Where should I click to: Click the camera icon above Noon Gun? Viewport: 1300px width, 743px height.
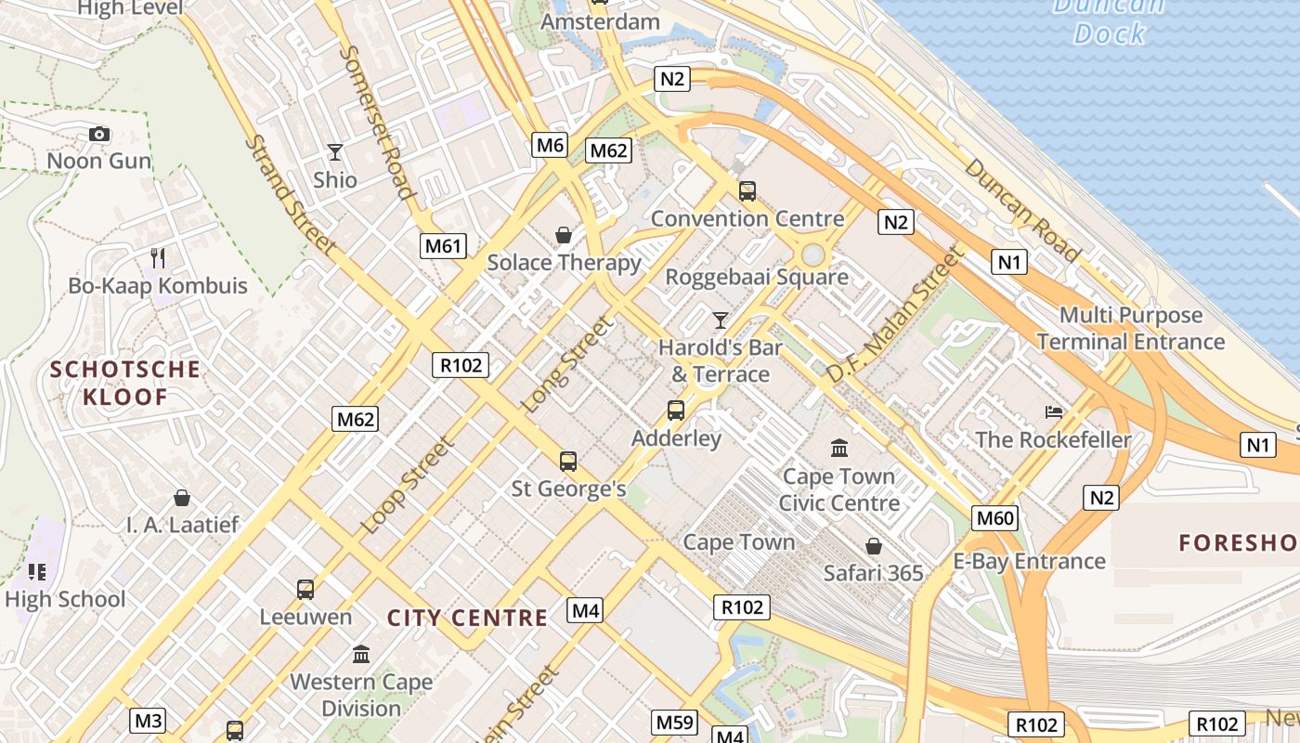pos(99,134)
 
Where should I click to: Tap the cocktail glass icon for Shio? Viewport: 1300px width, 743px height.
pos(335,151)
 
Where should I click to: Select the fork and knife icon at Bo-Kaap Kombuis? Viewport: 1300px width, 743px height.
pos(158,257)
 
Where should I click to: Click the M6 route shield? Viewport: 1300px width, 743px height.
pos(550,145)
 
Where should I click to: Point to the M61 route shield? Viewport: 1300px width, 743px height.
pos(442,246)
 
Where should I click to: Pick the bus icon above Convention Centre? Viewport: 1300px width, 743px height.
pos(747,191)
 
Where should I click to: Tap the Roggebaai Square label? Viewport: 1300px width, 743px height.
pos(757,277)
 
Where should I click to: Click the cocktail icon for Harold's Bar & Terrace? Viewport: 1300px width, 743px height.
pos(721,320)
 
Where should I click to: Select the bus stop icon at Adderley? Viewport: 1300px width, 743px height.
pos(676,411)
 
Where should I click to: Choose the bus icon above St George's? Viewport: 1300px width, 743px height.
pos(568,461)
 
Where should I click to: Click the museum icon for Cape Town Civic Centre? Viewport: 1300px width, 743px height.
pos(839,449)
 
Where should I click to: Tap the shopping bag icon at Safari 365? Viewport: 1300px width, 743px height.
pos(874,545)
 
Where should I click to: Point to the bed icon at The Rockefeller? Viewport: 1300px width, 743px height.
pos(1053,411)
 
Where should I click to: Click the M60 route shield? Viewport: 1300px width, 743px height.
pos(995,518)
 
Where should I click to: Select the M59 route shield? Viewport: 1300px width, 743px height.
pos(675,722)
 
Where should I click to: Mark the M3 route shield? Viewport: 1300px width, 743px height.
pos(149,721)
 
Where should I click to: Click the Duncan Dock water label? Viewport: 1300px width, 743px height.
pos(1109,20)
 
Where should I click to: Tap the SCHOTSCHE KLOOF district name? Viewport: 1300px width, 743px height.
pos(125,384)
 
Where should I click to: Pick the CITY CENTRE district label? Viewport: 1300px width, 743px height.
pos(467,619)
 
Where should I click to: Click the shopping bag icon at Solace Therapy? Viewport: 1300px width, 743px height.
pos(564,235)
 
